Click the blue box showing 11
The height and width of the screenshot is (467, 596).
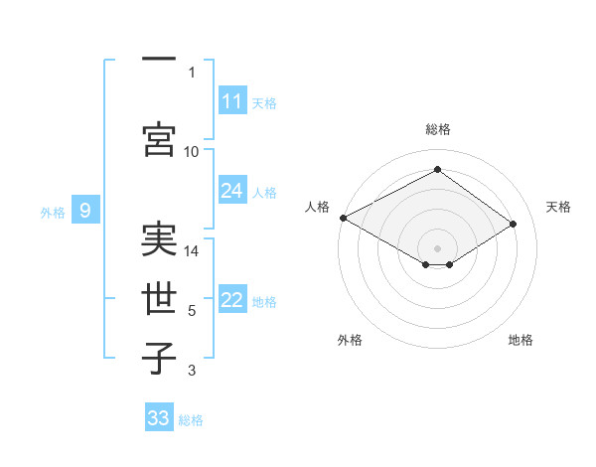(232, 101)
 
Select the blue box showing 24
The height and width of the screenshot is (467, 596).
(232, 191)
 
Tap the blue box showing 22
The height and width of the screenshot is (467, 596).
(232, 301)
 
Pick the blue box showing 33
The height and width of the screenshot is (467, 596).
(159, 418)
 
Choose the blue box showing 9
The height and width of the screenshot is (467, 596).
(85, 211)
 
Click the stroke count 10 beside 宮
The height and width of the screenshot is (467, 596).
(192, 151)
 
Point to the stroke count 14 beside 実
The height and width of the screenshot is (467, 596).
(192, 251)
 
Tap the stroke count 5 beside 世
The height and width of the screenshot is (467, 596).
(192, 311)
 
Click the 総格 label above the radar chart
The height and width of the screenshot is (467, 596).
(437, 129)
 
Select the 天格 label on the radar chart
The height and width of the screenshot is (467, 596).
(558, 207)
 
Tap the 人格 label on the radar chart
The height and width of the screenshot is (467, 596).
(317, 207)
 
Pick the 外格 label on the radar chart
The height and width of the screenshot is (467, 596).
(350, 340)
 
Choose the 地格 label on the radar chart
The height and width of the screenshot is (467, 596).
(521, 340)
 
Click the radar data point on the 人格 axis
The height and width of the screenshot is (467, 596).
(343, 218)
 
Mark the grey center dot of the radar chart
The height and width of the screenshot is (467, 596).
(437, 247)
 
